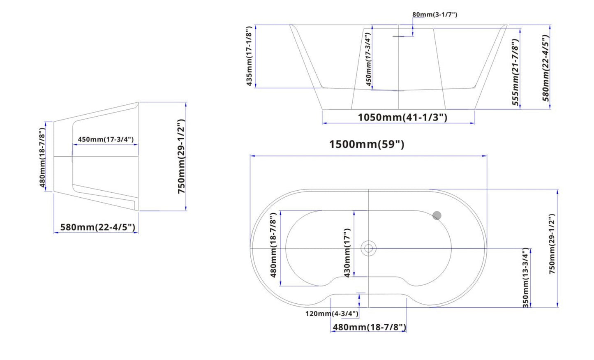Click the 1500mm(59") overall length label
coord(367,145)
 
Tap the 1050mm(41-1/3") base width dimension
coord(402,118)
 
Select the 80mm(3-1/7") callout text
coord(435,14)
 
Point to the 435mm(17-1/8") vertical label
coord(249,56)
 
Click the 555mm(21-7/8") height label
coord(515,72)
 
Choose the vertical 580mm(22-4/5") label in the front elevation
coord(546,68)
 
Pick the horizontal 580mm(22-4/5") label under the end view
coord(98,227)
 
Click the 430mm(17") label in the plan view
coord(347,253)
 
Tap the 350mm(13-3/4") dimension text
coord(526,278)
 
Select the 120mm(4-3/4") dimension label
coord(332,314)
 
